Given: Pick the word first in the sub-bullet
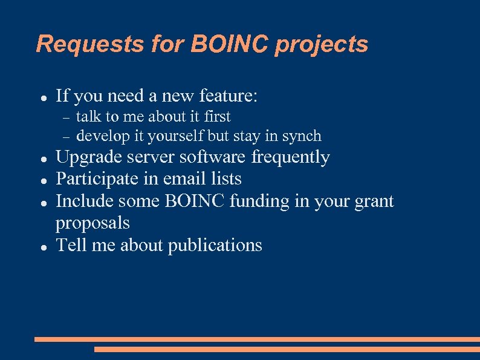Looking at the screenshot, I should point(217,116).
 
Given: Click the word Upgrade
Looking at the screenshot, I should point(89,158).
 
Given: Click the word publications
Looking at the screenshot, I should point(215,246).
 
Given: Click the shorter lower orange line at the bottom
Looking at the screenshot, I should point(287,349).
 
